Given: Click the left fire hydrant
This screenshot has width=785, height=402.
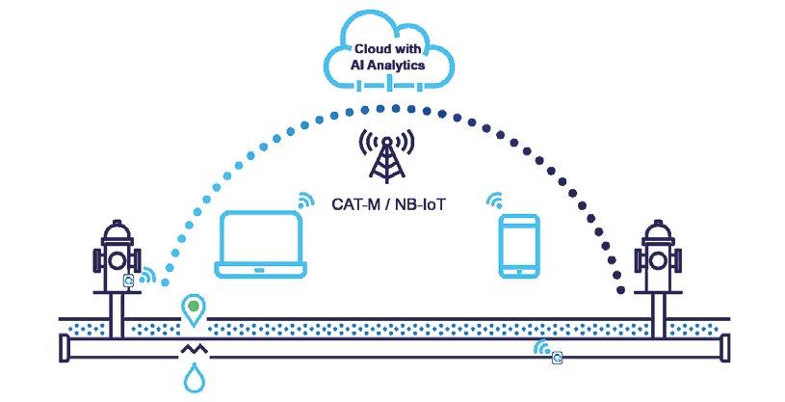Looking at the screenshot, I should point(114,260).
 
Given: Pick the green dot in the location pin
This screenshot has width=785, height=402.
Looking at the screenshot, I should point(195,308).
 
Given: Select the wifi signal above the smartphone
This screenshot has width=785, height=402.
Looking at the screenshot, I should point(495,201).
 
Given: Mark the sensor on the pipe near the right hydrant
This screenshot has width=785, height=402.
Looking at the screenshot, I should point(556,359).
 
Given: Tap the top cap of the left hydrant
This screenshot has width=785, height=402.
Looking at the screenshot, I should point(114,228).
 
